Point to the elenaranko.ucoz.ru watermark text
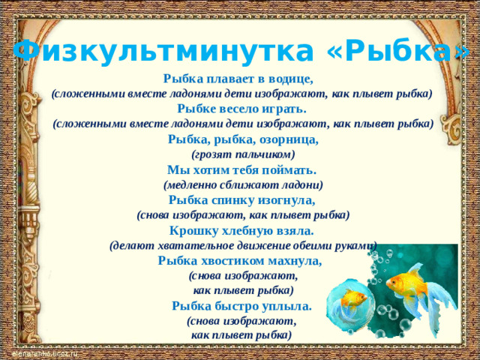click(45, 353)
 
